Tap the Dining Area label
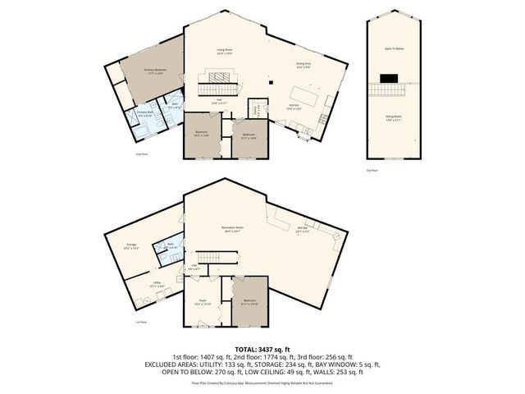click(303, 65)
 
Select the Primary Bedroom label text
click(155, 71)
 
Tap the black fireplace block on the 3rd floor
click(388, 79)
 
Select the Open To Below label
click(396, 49)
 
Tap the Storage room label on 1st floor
click(132, 245)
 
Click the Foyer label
click(201, 302)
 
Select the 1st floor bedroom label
click(249, 302)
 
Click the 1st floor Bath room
click(170, 246)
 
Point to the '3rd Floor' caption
click(371, 170)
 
